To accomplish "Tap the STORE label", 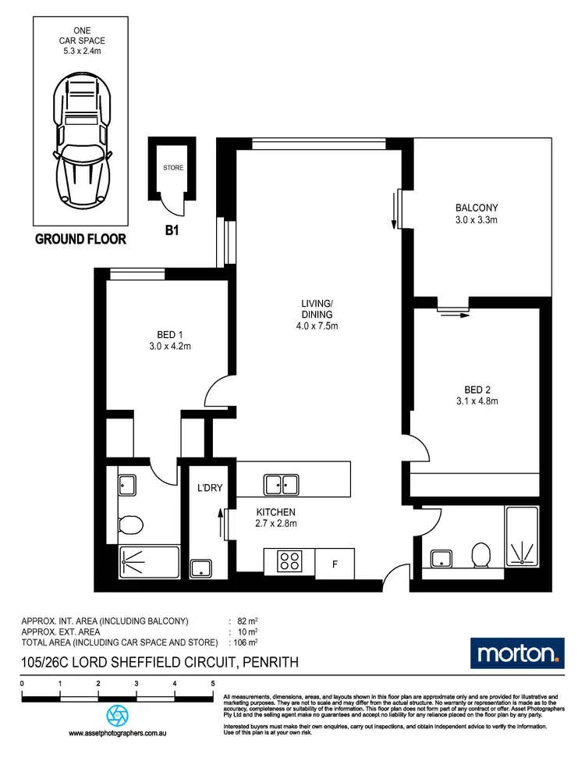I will tap(173, 167).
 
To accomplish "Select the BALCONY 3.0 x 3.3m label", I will tap(476, 214).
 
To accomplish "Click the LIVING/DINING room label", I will tap(318, 315).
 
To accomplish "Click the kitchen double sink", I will tap(282, 484).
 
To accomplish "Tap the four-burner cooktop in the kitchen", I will tap(291, 560).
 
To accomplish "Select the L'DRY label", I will tap(211, 488).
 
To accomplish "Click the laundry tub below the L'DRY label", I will tap(203, 568).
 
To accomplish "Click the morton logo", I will tap(516, 652).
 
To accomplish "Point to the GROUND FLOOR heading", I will tap(80, 239).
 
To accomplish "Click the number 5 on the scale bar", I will tap(213, 684).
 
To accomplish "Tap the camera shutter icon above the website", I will tap(118, 715).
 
